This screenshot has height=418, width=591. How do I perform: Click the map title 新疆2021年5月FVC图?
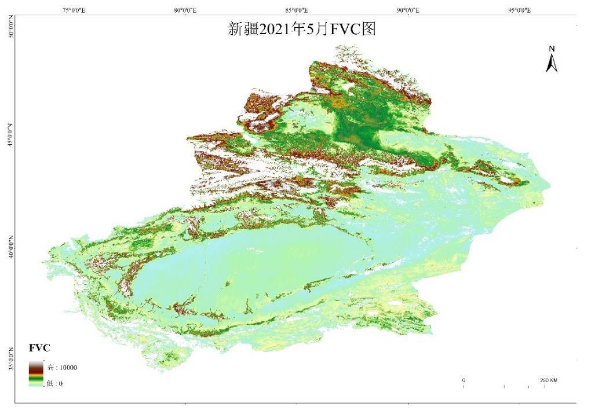(x=302, y=30)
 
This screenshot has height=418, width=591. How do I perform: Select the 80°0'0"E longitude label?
(x=184, y=10)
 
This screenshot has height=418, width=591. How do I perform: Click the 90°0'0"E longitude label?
(x=408, y=10)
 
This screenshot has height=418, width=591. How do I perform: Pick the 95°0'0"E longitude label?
(x=520, y=10)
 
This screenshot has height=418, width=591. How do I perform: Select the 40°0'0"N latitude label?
(x=10, y=245)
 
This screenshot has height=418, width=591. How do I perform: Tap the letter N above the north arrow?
(x=552, y=49)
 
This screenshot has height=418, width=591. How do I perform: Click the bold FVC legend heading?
(x=39, y=348)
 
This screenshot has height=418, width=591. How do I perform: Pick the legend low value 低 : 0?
(x=54, y=383)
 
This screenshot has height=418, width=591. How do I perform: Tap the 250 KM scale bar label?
(x=548, y=380)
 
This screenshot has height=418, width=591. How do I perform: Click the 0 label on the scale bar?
(x=464, y=380)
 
